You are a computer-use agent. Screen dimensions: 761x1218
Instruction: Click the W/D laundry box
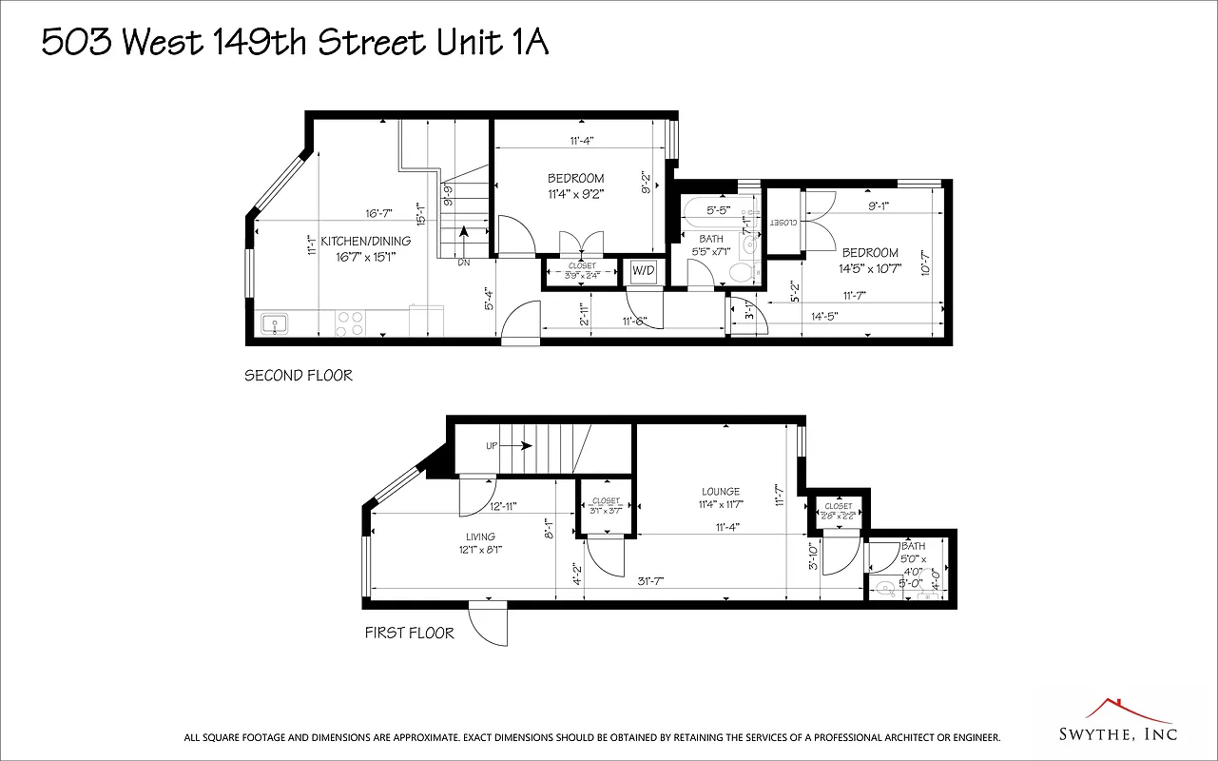pyautogui.click(x=644, y=271)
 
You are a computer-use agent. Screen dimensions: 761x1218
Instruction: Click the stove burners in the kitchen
pyautogui.click(x=349, y=323)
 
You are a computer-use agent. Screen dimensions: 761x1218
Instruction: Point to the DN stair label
pyautogui.click(x=464, y=262)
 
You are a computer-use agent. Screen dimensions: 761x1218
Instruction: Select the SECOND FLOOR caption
pyautogui.click(x=299, y=376)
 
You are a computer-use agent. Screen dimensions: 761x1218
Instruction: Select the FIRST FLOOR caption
pyautogui.click(x=410, y=633)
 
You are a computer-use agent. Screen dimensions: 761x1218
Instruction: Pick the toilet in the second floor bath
pyautogui.click(x=740, y=272)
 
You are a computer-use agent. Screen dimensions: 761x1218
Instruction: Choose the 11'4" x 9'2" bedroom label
pyautogui.click(x=575, y=185)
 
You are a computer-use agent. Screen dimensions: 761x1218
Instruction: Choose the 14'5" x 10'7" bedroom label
pyautogui.click(x=869, y=260)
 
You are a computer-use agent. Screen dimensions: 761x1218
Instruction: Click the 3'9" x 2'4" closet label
pyautogui.click(x=582, y=271)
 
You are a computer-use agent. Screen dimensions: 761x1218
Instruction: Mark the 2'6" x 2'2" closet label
pyautogui.click(x=839, y=512)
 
